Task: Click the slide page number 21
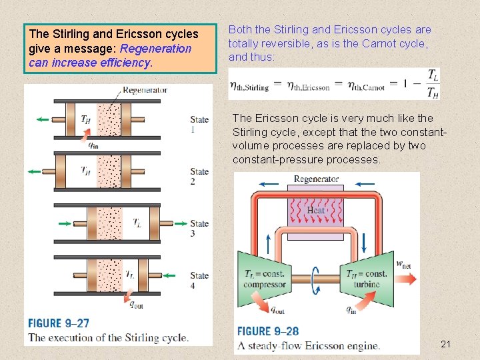tap(446, 344)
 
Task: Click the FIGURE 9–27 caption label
tap(59, 323)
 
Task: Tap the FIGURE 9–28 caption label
tap(268, 331)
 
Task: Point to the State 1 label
tap(199, 125)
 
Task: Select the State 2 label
tap(199, 177)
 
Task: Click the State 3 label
tap(199, 228)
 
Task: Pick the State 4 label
tap(199, 280)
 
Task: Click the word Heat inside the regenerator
tap(316, 210)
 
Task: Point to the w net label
tap(404, 263)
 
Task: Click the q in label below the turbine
tap(351, 309)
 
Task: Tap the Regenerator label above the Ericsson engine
tap(316, 179)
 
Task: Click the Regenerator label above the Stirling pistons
tap(145, 89)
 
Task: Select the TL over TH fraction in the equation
tap(433, 84)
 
